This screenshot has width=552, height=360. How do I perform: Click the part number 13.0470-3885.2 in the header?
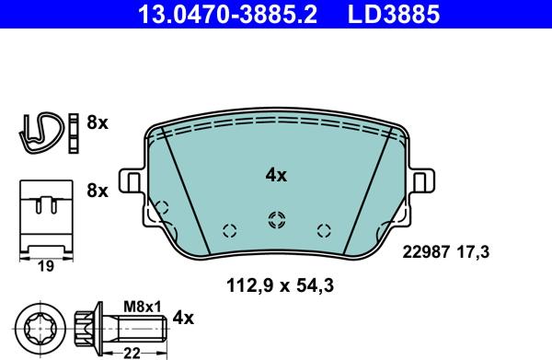pos(228,14)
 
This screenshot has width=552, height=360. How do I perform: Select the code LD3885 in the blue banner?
pos(394,14)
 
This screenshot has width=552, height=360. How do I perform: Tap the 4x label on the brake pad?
pos(276,175)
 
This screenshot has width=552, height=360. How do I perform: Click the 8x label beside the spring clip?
pos(98,123)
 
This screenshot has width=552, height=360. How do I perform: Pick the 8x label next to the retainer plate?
pos(98,191)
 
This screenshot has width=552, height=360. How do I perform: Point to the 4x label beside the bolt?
pos(183,318)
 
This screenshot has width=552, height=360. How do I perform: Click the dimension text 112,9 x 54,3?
pos(280,285)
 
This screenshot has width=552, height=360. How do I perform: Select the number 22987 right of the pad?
pos(426,252)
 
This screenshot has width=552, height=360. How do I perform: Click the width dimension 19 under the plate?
pos(46,267)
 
